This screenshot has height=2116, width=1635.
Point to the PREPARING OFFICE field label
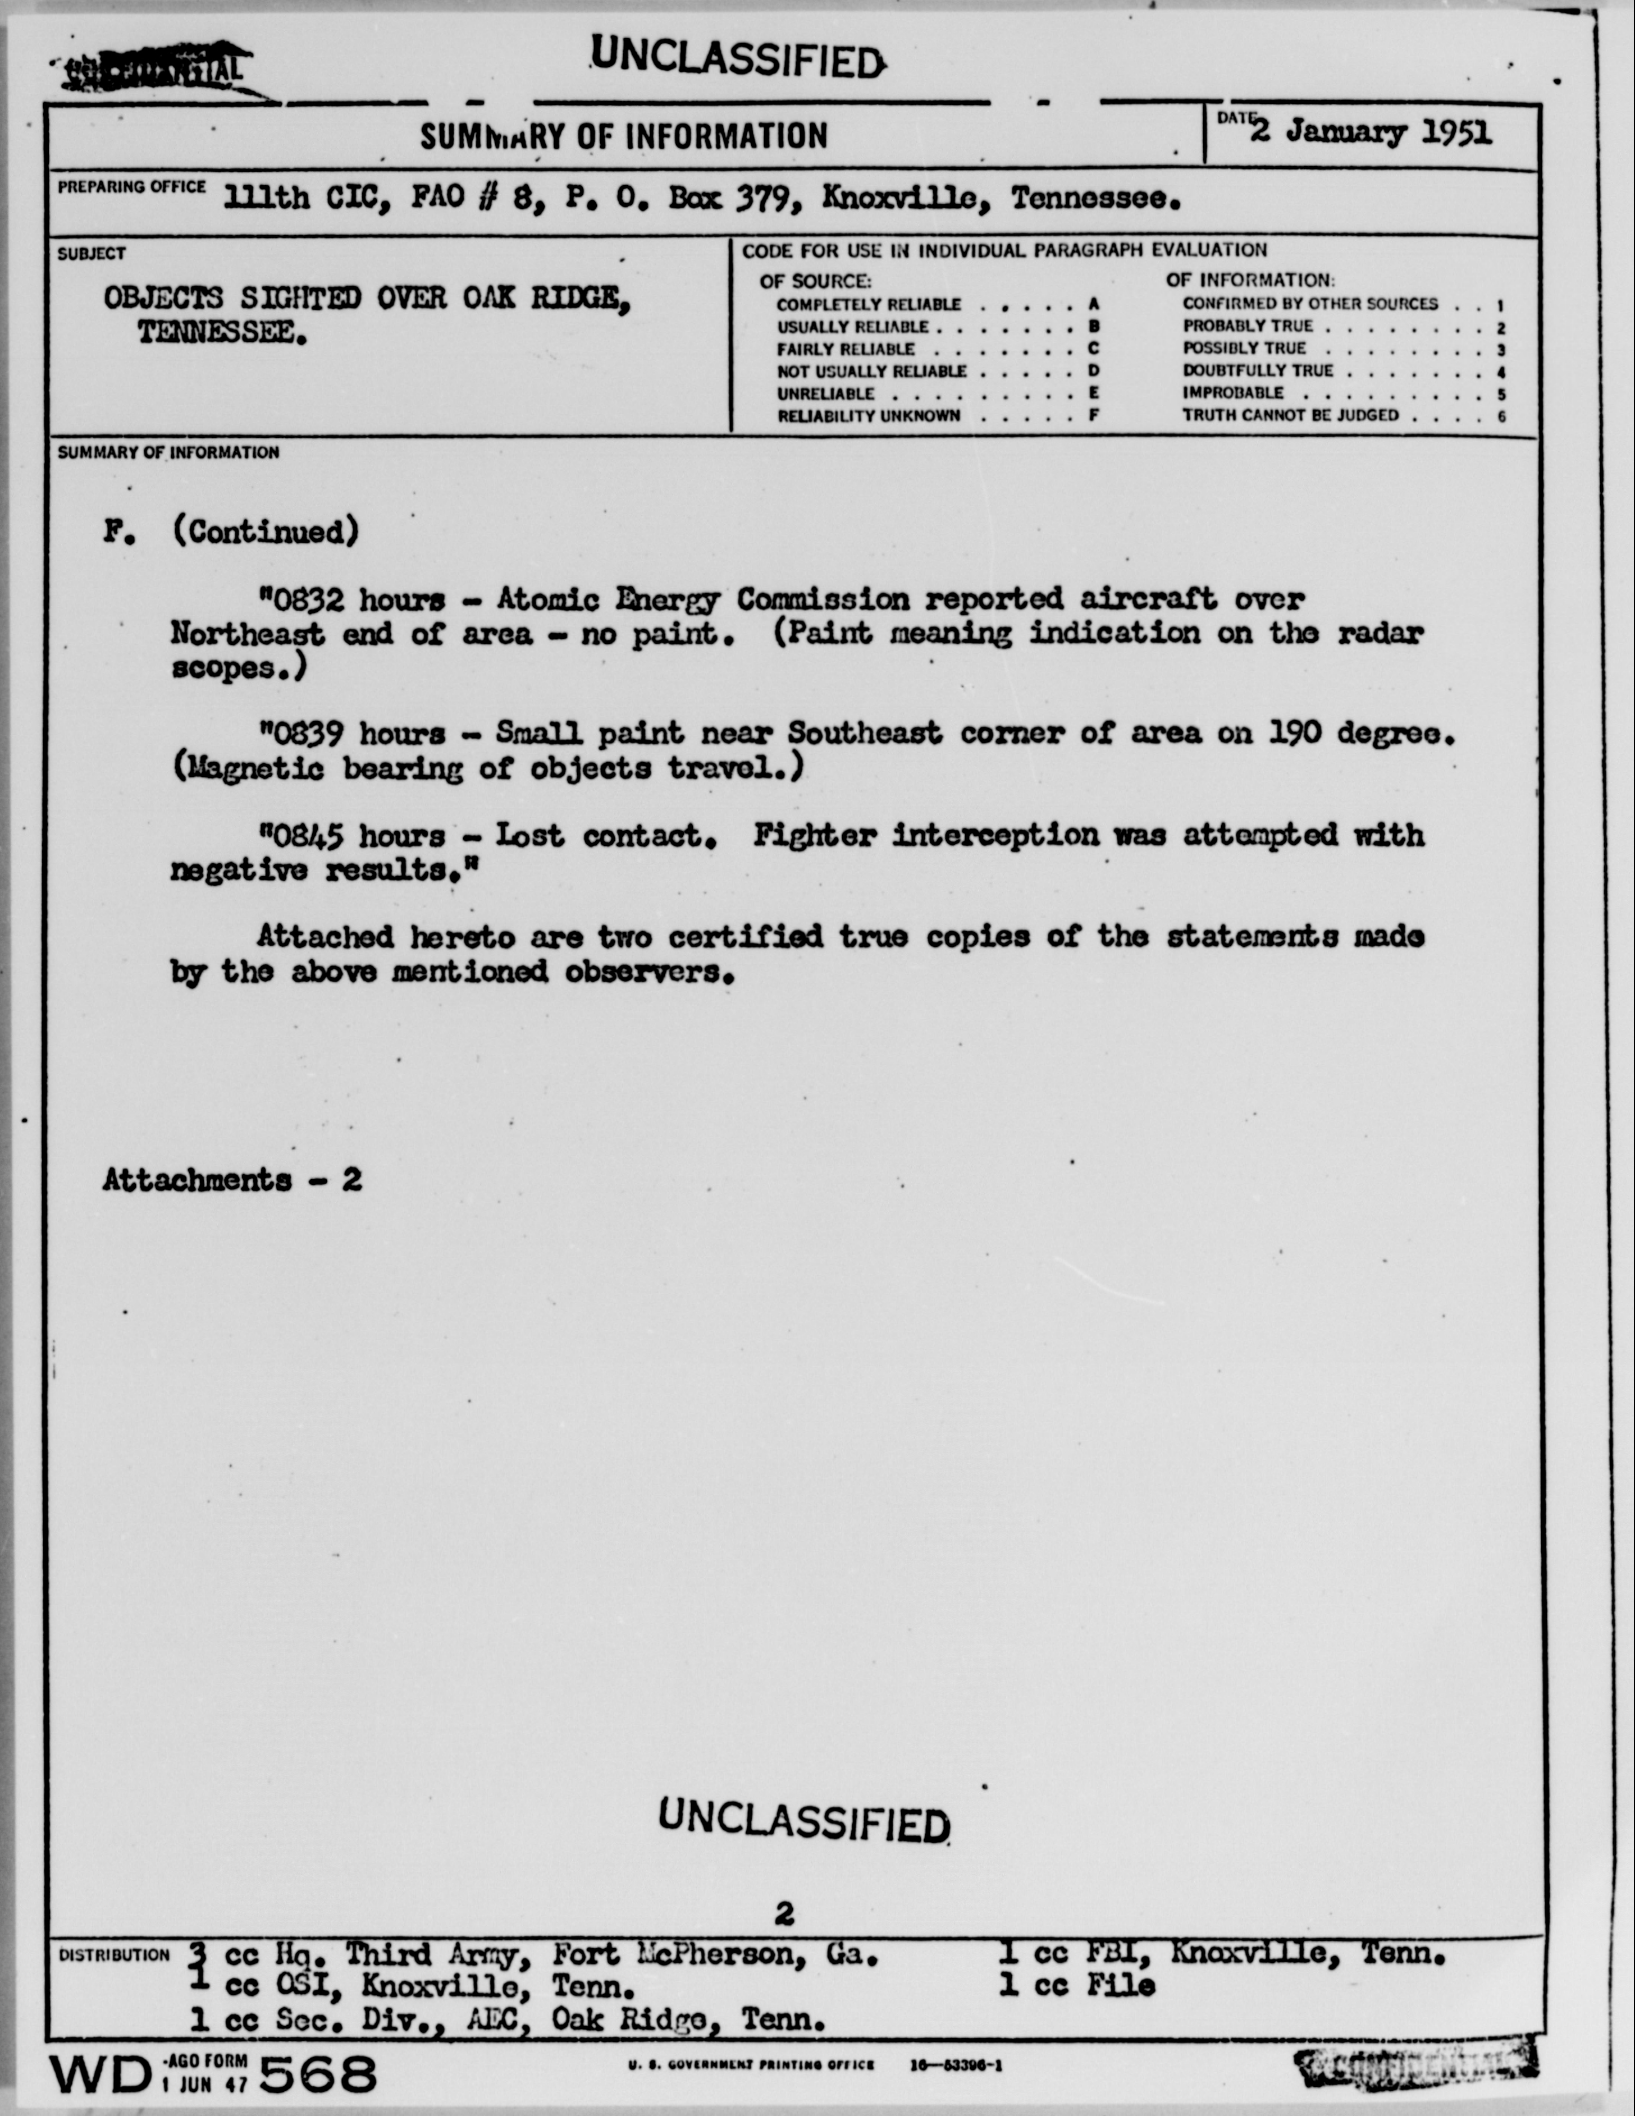[x=131, y=187]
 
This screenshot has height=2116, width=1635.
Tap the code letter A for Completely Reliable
[x=1093, y=304]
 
